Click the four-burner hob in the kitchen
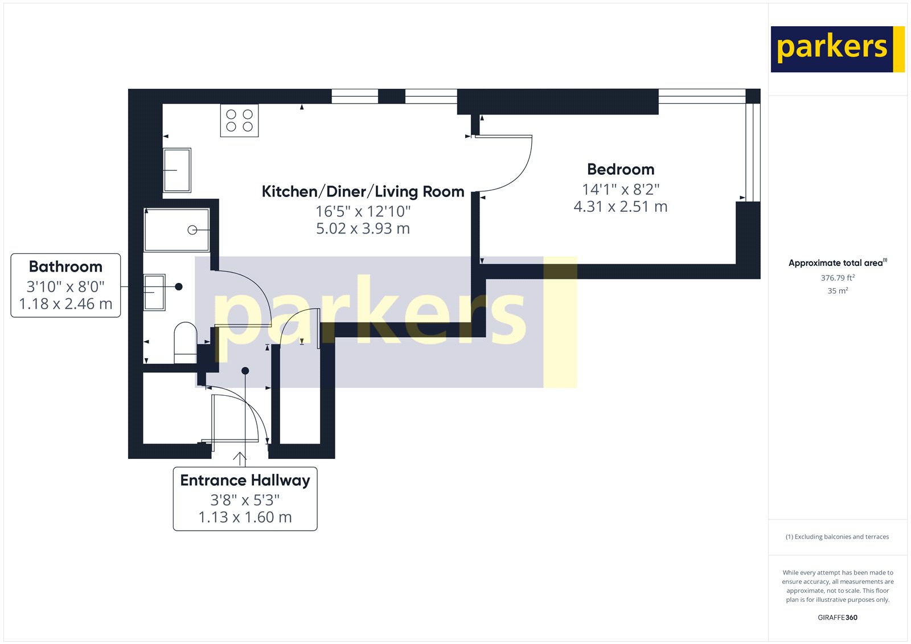pos(239,120)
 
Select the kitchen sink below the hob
pos(177,170)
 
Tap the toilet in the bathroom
pos(185,342)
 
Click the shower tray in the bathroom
pos(177,230)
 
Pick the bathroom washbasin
pos(154,292)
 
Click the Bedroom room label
pos(621,169)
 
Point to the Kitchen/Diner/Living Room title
pos(363,191)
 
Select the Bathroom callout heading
pos(65,266)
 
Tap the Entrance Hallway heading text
pos(245,480)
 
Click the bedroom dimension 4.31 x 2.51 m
pos(621,207)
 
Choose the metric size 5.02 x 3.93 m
pos(363,228)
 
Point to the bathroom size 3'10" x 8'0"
pos(65,286)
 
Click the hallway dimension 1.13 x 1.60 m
pos(245,517)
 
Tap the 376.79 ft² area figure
pos(837,278)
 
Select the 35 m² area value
pos(837,290)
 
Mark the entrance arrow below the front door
pos(240,458)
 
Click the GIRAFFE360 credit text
pos(837,617)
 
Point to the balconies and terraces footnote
pos(837,536)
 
